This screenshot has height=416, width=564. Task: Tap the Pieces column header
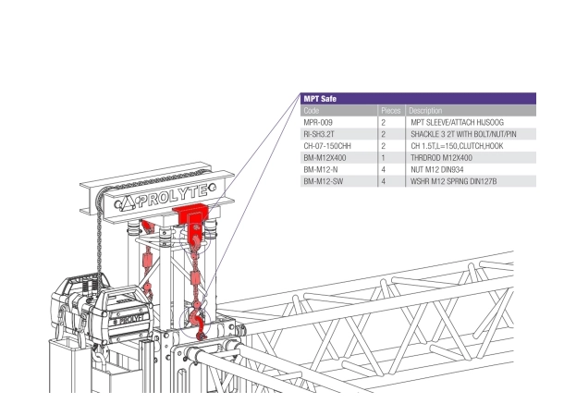coord(389,110)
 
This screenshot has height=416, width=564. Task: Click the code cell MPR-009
coord(319,122)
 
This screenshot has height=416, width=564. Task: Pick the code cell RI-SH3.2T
coord(320,134)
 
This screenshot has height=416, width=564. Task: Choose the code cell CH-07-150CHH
coord(327,146)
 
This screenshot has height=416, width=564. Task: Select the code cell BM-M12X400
coord(325,158)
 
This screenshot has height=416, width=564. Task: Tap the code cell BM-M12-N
coord(320,170)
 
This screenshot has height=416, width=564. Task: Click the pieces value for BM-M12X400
coord(382,158)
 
